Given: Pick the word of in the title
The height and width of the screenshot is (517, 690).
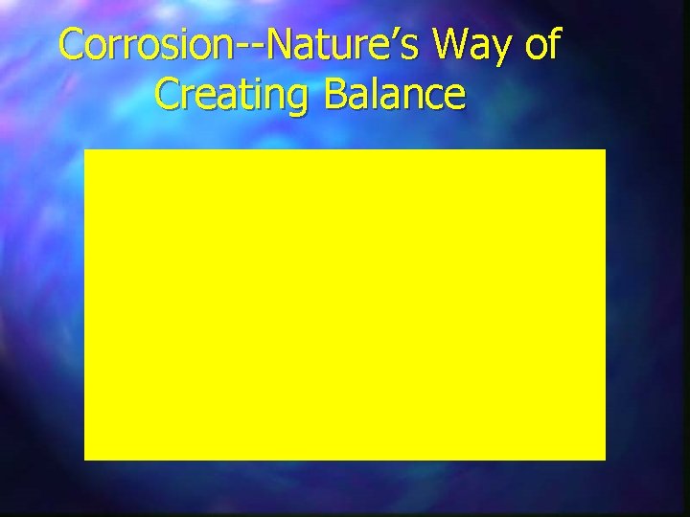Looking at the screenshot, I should pos(540,45).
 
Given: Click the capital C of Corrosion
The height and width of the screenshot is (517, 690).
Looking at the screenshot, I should pos(71,46).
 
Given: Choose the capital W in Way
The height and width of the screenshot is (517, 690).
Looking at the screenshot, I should pos(447,45).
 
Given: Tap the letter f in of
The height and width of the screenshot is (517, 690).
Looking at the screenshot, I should pos(553,44).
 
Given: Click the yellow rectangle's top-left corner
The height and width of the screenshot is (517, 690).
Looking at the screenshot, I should pos(85,150).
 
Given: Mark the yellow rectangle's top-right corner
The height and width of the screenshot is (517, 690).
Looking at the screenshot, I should pos(605,150).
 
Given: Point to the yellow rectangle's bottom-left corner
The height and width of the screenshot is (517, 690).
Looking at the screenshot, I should pos(85,459).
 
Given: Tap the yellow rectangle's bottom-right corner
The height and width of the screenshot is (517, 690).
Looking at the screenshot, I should pos(605,459).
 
